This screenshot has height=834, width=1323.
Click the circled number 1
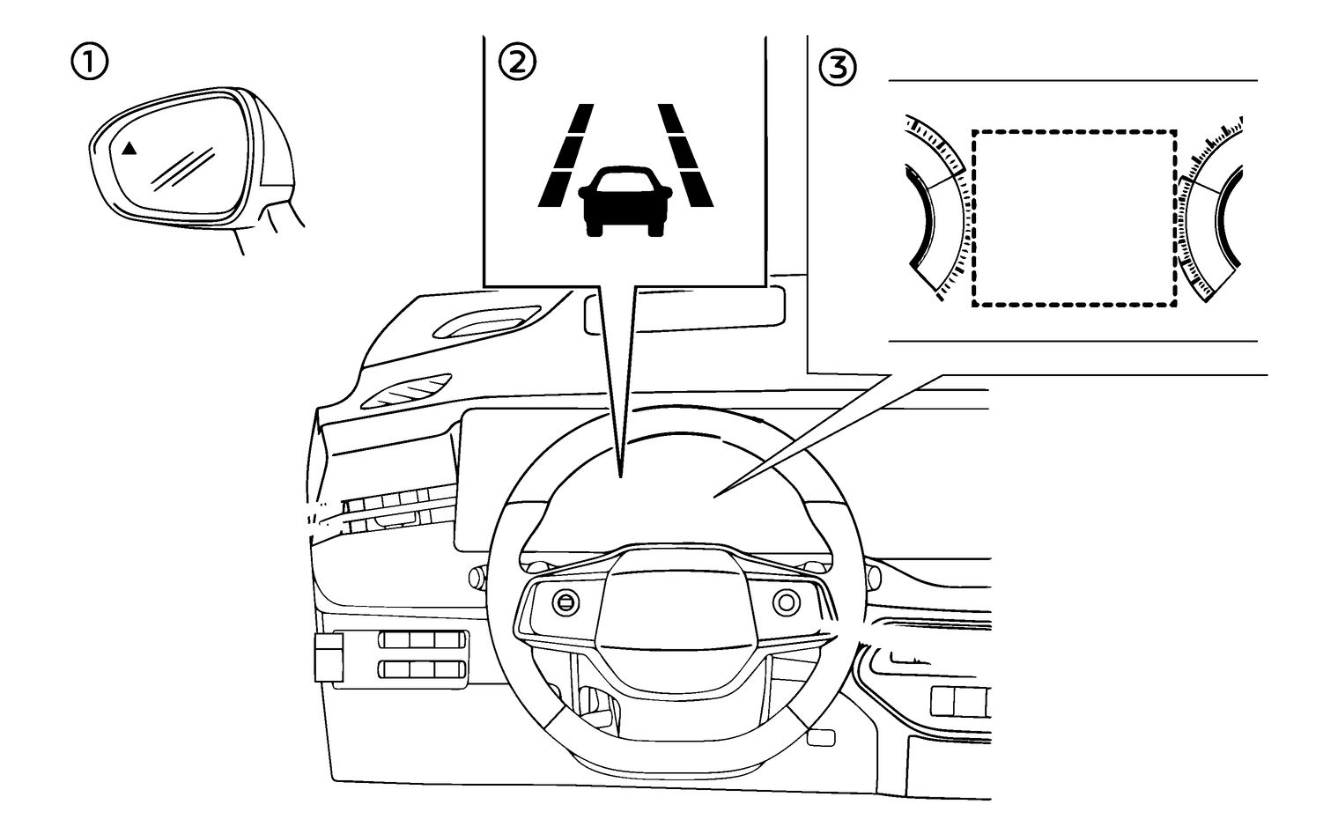pyautogui.click(x=91, y=63)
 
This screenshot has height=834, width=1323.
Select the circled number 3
pyautogui.click(x=837, y=68)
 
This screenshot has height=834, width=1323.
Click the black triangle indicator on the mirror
pyautogui.click(x=129, y=149)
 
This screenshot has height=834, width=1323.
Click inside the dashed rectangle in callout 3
pyautogui.click(x=1074, y=218)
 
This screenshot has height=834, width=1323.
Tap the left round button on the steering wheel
pyautogui.click(x=564, y=602)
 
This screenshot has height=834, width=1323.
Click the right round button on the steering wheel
pyautogui.click(x=785, y=602)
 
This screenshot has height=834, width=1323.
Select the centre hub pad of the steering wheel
pyautogui.click(x=674, y=608)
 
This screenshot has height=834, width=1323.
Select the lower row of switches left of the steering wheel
pyautogui.click(x=423, y=669)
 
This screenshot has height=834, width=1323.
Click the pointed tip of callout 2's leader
pyautogui.click(x=621, y=476)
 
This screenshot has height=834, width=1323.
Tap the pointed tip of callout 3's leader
pyautogui.click(x=715, y=495)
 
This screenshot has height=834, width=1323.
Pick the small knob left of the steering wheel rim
pyautogui.click(x=476, y=577)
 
